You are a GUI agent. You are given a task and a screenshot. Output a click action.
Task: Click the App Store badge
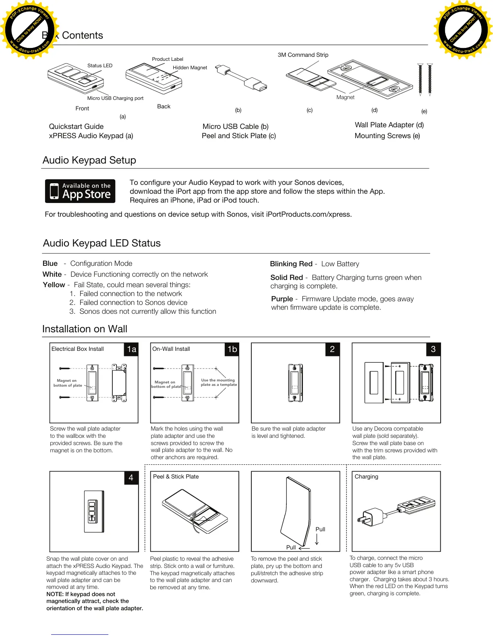tap(80, 191)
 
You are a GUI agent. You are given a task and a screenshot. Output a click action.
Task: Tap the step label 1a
tap(131, 349)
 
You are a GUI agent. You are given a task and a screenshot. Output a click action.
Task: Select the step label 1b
tap(232, 349)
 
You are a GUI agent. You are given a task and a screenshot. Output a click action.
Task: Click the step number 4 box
tap(131, 478)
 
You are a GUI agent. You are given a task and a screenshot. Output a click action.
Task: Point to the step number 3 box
tap(433, 349)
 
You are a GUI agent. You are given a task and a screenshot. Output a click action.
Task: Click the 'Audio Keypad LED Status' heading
tap(101, 243)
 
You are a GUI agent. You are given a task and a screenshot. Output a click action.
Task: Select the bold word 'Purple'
tap(282, 299)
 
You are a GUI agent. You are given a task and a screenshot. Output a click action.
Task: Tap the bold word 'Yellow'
tap(54, 285)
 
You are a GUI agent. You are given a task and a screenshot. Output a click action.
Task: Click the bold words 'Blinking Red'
tap(291, 264)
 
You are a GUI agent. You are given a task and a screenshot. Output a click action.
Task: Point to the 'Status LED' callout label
tap(100, 66)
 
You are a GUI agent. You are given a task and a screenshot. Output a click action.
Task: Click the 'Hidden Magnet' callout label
tap(190, 68)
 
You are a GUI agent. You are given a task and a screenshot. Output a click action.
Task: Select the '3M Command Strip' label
tap(303, 55)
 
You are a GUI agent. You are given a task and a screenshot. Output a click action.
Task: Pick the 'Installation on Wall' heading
tap(85, 329)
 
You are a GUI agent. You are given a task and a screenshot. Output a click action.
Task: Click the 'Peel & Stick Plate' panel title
tap(176, 476)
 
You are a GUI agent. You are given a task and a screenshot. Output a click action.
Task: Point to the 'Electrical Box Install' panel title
tap(78, 349)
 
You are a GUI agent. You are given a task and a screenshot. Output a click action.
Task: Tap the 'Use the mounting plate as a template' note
tap(219, 382)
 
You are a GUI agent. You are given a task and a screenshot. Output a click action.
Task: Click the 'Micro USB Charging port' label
tap(115, 98)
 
